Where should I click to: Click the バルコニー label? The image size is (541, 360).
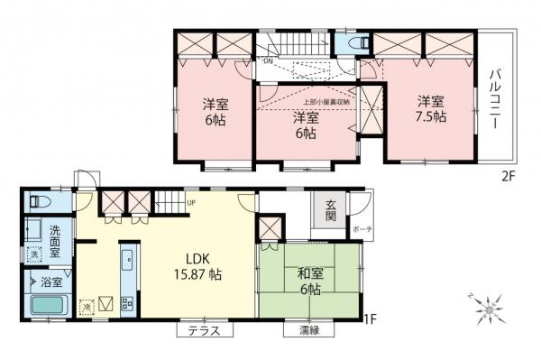494,100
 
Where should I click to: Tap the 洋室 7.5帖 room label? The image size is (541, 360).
430,109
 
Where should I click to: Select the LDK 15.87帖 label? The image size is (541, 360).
197,262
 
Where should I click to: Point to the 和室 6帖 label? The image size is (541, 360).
308,282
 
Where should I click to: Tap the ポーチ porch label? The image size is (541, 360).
362,229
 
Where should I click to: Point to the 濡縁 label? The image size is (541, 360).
308,331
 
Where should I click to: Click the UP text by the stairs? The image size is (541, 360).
191,202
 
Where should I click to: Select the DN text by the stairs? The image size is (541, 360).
268,60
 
